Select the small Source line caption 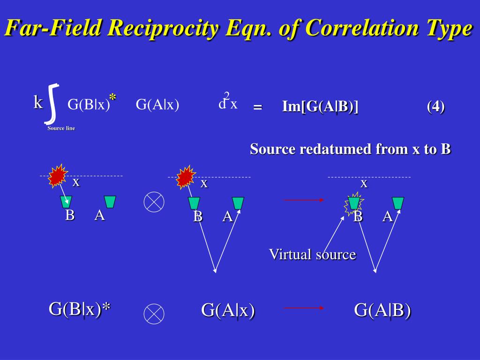pos(61,128)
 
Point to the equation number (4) pos(435,106)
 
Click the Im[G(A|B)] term pos(320,106)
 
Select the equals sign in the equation pos(257,107)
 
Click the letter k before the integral pos(38,102)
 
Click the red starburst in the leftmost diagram pos(58,175)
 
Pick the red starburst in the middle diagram pos(186,176)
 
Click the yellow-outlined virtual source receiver pos(354,203)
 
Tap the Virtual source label pos(312,255)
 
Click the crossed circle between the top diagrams pos(154,202)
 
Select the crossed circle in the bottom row pos(154,314)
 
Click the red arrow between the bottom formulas pos(304,308)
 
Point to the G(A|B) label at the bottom pos(382,310)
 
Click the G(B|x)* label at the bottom pos(80,309)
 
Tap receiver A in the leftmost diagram pos(110,202)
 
